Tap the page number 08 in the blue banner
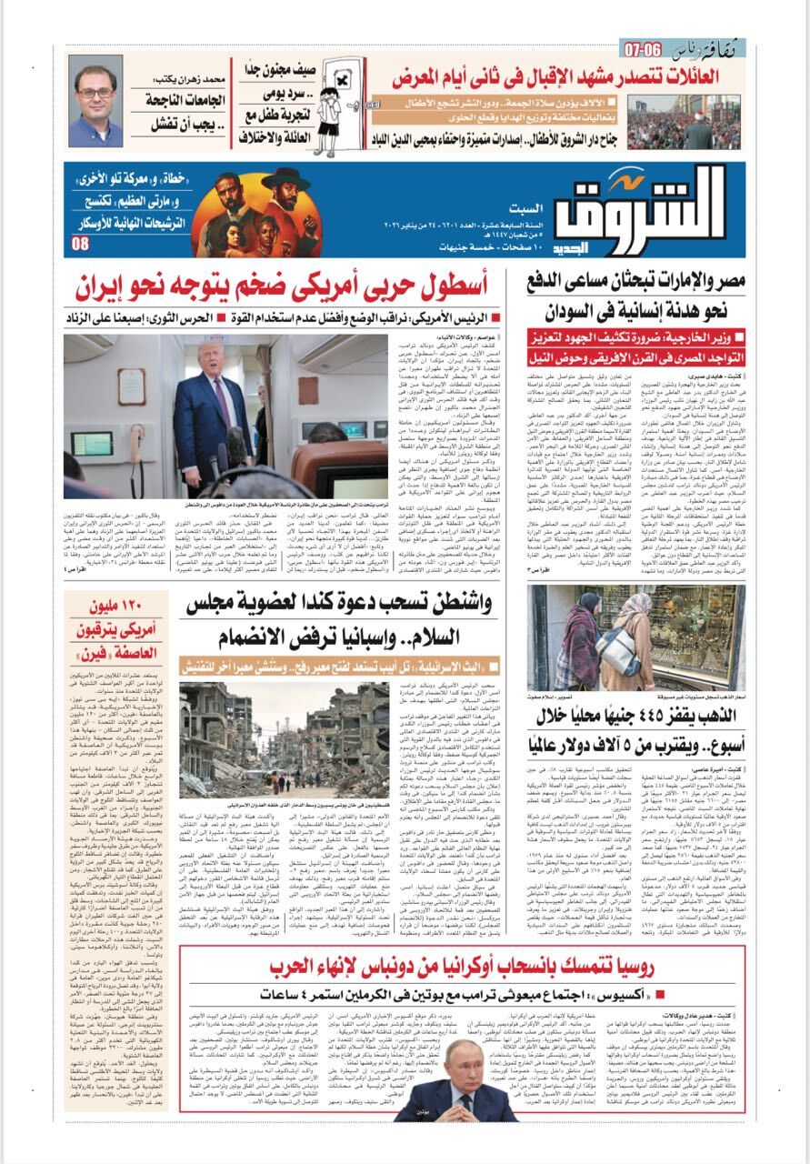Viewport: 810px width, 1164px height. pos(81,244)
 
